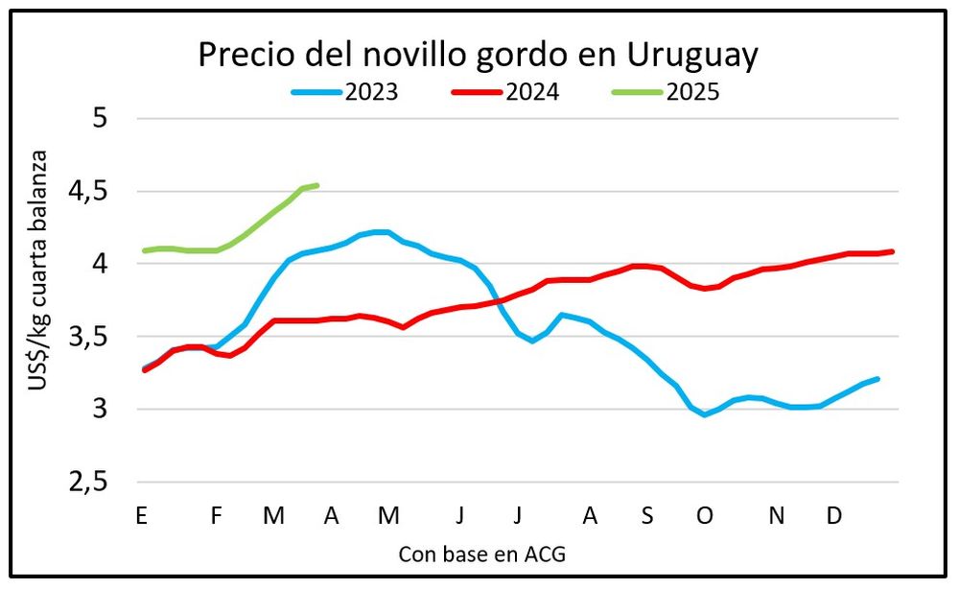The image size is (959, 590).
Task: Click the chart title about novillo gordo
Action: [478, 55]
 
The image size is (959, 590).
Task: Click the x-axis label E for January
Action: [142, 516]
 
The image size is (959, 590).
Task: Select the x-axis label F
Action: [217, 516]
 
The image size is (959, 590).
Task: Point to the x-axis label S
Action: [647, 516]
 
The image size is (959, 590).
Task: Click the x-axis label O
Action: [705, 516]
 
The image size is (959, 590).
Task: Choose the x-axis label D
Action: [834, 516]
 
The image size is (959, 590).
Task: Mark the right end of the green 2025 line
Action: [317, 185]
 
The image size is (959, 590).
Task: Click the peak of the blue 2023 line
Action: [380, 231]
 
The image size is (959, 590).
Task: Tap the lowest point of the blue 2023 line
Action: [705, 414]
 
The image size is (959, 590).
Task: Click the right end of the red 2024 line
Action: [893, 251]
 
